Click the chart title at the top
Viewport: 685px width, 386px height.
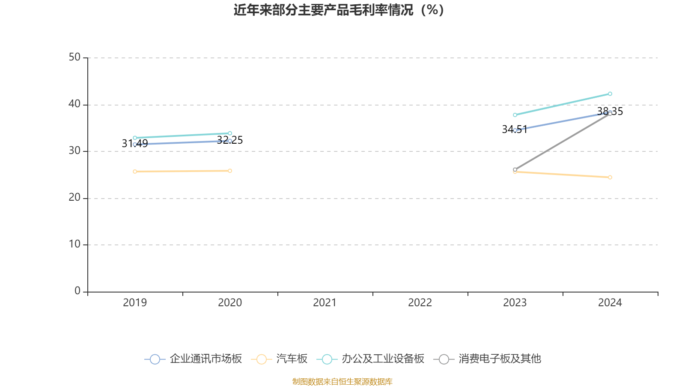tap(339, 10)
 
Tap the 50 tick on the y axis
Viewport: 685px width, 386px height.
tap(74, 57)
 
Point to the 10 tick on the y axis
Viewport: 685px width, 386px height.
tap(74, 244)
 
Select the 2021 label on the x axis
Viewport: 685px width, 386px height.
tap(325, 303)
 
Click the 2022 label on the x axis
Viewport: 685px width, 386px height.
tap(420, 303)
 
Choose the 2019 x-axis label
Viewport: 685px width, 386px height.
tap(135, 303)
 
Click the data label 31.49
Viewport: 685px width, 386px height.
tap(135, 144)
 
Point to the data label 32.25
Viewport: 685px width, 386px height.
tap(230, 140)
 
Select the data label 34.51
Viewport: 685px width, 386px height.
tap(515, 130)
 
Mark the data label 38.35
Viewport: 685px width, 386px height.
tap(610, 112)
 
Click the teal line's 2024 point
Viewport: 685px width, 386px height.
tap(610, 94)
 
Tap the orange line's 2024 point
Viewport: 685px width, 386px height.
tap(610, 178)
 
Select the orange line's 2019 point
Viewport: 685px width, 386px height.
tap(135, 172)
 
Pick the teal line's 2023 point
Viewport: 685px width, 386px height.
tap(515, 115)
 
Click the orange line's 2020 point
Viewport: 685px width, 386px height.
tap(230, 171)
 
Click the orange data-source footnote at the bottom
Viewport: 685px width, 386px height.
tap(342, 381)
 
